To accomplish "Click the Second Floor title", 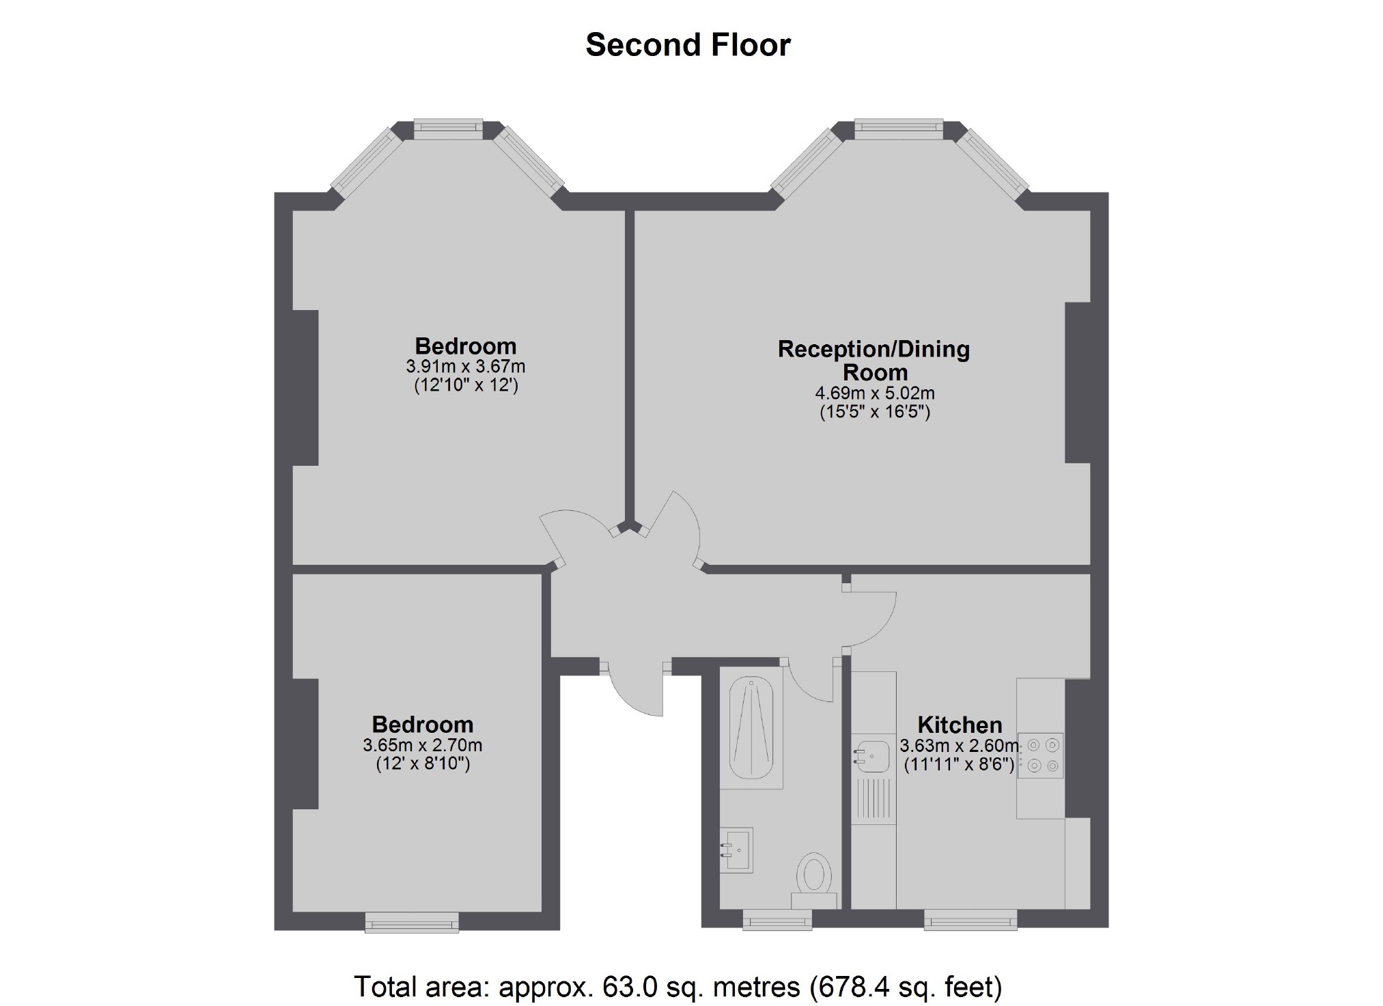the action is coord(688,45).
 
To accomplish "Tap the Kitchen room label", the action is coord(960,725).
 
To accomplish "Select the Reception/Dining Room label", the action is coord(874,361).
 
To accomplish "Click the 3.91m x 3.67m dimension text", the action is coord(466,367).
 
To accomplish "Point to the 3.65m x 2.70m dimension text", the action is coord(423,745).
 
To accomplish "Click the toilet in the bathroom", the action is coord(814,880).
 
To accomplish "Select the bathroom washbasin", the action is coord(736,850).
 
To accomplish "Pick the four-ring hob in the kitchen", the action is coord(1040,756).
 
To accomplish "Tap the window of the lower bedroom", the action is coord(412,922).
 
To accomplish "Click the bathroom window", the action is coord(777,919).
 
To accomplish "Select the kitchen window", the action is coord(970,919).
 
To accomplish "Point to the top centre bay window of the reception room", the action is coord(899,129).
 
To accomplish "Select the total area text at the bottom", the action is coord(677,986).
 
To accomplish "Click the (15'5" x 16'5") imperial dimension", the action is coord(875,412).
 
